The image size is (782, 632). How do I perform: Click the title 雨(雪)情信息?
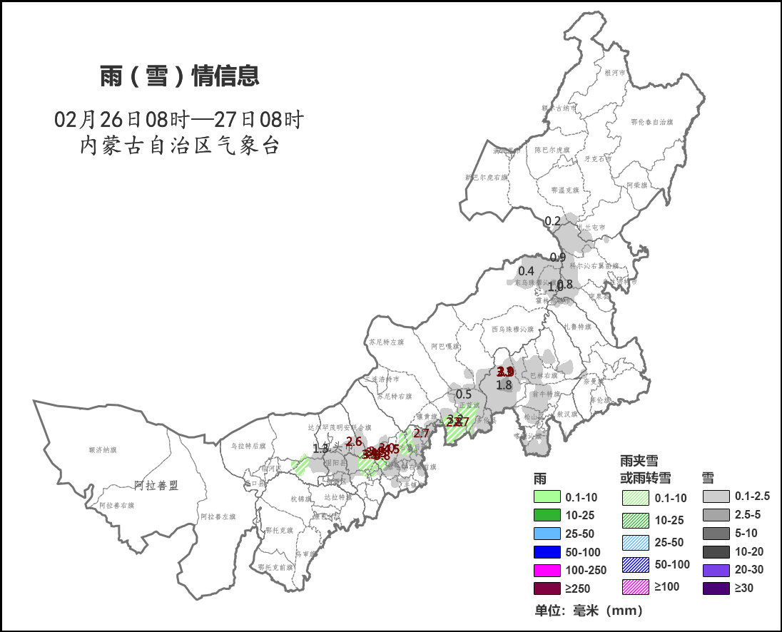pos(179,76)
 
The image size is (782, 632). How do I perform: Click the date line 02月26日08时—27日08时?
pos(179,118)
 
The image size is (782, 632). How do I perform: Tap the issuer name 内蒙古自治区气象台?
pos(179,146)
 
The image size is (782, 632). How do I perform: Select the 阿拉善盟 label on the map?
pos(156,486)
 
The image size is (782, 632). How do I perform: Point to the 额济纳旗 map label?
pos(103,450)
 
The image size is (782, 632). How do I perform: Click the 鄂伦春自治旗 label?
pos(651,122)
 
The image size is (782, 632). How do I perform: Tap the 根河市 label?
pos(614,73)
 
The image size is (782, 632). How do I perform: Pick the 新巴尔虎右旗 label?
pos(485,177)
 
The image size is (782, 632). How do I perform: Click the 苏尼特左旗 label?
pos(386,342)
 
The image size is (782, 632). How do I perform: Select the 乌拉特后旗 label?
pos(248,446)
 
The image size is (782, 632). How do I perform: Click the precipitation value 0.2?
pos(552,221)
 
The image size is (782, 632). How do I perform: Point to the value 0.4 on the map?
pos(526,271)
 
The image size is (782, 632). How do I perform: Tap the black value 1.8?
pos(504,385)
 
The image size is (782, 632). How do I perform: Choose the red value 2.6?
pos(354,442)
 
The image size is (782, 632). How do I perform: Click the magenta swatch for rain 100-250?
pos(547,570)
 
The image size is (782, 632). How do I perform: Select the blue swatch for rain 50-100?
pos(547,551)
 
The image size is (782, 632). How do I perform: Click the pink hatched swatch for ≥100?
pos(634,587)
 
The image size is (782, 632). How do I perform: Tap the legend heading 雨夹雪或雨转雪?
pos(644,469)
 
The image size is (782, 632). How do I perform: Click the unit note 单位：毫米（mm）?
pos(589,611)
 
